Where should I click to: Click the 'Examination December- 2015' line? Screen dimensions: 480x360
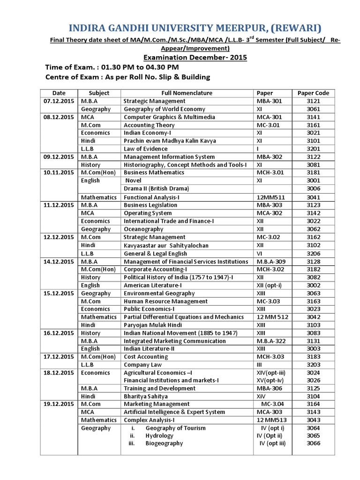195,58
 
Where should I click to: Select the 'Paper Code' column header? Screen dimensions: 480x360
313,93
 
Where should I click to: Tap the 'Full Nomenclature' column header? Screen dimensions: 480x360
187,93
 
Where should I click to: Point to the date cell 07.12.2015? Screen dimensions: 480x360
59,101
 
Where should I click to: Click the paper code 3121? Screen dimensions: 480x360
313,101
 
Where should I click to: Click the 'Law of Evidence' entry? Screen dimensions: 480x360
145,149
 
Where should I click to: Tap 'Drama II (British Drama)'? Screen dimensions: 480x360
156,188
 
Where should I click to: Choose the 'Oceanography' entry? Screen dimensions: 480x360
143,229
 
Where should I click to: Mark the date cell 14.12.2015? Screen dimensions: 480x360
59,261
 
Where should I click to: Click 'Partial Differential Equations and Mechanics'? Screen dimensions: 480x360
184,317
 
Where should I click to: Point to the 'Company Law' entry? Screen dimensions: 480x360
142,365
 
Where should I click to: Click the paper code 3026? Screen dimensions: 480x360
313,380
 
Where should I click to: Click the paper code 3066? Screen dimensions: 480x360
313,443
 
